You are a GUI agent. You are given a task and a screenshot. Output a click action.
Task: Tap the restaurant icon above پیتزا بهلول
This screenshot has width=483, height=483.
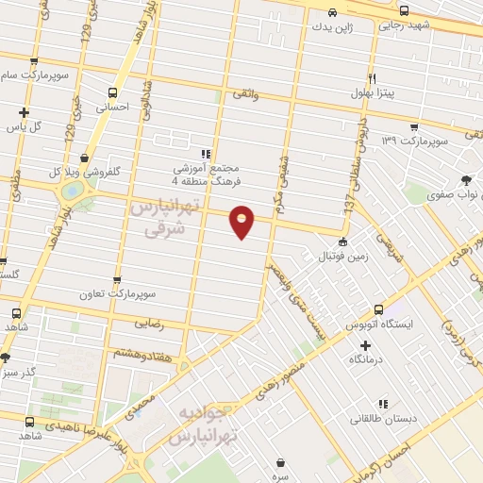tap(374, 78)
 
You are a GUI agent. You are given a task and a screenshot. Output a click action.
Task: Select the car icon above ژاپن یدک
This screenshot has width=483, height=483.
tap(332, 12)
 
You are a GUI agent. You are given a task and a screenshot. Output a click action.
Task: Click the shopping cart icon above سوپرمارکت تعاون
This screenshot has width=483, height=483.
tap(118, 280)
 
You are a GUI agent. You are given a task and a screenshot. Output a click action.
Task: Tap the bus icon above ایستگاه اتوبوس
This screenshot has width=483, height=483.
tap(378, 308)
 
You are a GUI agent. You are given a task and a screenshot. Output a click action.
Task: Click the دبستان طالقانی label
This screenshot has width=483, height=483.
tap(386, 418)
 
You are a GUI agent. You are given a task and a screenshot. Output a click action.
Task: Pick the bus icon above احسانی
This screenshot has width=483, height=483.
tap(113, 92)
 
